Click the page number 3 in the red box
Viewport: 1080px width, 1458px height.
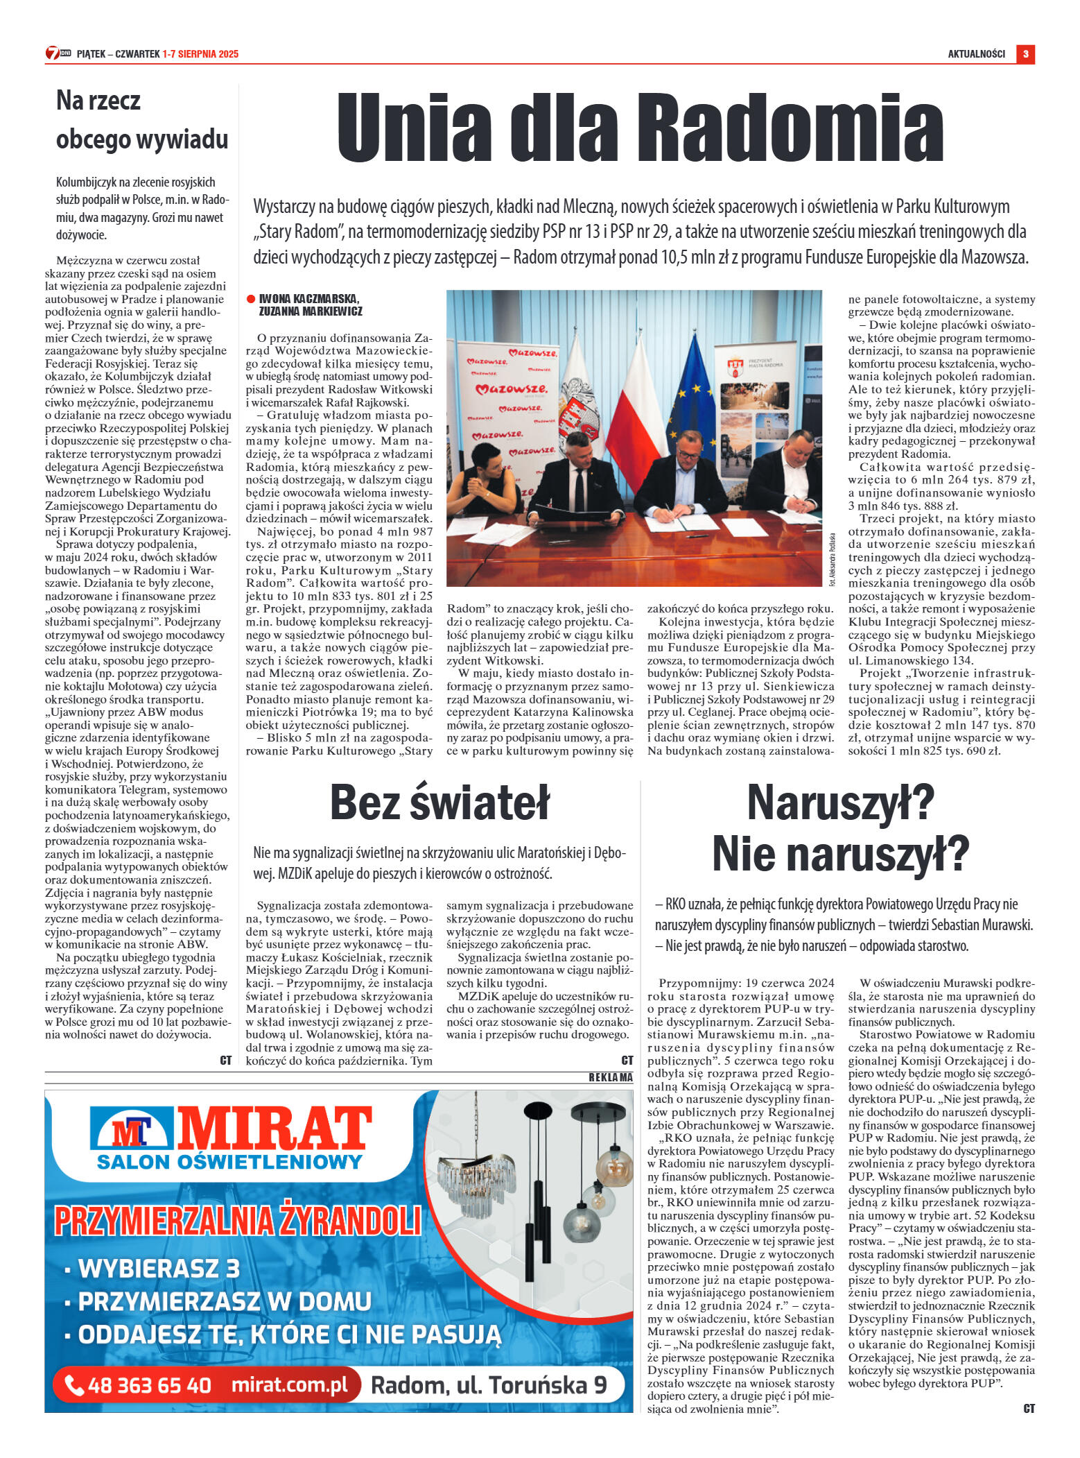[x=1025, y=54]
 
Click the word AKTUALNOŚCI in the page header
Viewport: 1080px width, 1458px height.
[x=976, y=54]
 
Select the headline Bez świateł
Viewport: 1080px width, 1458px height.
[x=439, y=802]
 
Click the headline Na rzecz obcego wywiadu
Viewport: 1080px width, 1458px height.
[x=141, y=120]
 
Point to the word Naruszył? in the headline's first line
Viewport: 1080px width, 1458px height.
[x=840, y=802]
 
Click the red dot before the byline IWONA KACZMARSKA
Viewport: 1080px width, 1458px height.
[x=251, y=299]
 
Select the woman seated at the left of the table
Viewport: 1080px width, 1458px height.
[x=483, y=479]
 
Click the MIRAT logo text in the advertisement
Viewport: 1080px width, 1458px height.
[x=274, y=1128]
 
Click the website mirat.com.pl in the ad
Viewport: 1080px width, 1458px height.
[x=289, y=1384]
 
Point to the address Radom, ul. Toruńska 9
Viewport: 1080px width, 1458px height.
[x=489, y=1384]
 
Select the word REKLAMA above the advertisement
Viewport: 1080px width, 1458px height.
[x=610, y=1077]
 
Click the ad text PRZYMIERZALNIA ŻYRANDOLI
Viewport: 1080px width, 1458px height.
[x=238, y=1221]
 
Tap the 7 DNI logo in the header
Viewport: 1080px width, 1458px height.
[x=58, y=53]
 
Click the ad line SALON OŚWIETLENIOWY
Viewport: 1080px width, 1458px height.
[x=229, y=1162]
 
